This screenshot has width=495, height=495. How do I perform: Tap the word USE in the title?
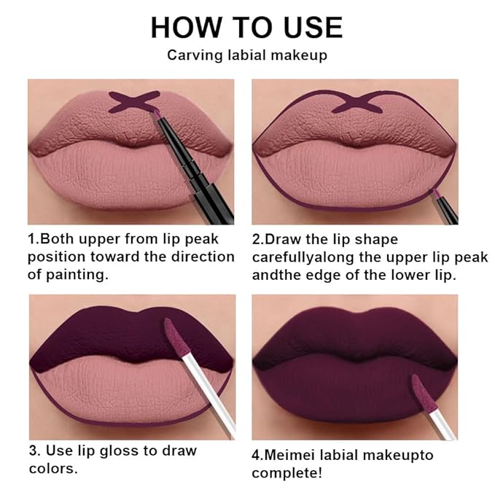pyautogui.click(x=307, y=27)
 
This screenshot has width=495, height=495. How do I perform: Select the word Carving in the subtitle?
pyautogui.click(x=192, y=55)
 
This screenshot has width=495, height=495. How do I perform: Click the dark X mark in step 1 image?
pyautogui.click(x=133, y=102)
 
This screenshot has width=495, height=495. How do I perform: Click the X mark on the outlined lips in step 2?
pyautogui.click(x=357, y=103)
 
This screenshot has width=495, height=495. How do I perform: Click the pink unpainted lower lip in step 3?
pyautogui.click(x=124, y=394)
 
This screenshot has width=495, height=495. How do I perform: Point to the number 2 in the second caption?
pyautogui.click(x=257, y=239)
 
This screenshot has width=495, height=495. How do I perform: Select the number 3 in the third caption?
pyautogui.click(x=33, y=451)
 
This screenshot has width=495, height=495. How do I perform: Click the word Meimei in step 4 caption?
pyautogui.click(x=292, y=455)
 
